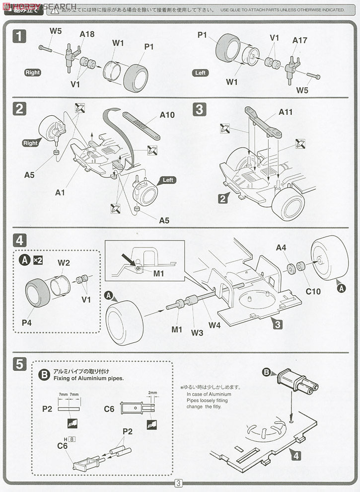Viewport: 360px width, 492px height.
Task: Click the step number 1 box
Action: coord(19,36)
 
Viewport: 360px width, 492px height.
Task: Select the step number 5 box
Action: coord(19,364)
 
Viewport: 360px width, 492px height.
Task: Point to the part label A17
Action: coord(300,40)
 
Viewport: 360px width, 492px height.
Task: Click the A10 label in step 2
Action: coord(167,115)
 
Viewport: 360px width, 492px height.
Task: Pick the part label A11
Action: coord(286,112)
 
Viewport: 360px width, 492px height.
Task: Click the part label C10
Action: coord(313,291)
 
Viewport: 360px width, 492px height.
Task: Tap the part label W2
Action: coord(64,262)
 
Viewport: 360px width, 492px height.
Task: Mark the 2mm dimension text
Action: coord(152,393)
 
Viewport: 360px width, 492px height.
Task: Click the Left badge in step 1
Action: coord(200,73)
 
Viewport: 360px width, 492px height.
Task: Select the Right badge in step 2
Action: coord(30,143)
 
